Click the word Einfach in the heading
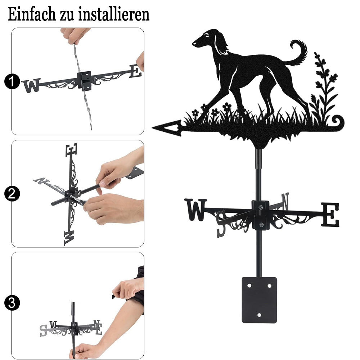(32, 14)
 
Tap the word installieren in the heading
(114, 14)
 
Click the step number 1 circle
(12, 81)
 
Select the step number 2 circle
(12, 194)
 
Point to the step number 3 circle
(12, 303)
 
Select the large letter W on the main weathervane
(195, 210)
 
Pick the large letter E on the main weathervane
(330, 215)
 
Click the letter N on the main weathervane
(285, 201)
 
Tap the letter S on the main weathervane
(221, 224)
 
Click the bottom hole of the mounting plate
(259, 315)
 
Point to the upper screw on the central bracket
(260, 208)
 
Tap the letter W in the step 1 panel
(31, 86)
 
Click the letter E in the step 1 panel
(135, 71)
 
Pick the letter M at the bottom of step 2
(69, 238)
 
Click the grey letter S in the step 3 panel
(43, 330)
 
